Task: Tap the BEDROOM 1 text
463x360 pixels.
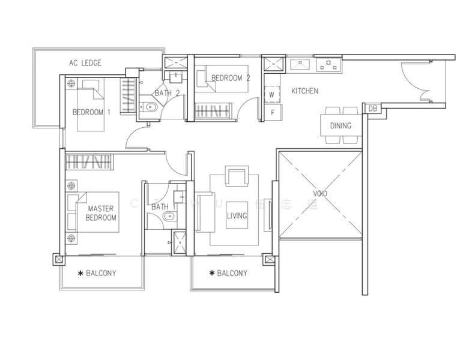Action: [91, 112]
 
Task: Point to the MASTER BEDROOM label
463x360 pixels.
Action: [101, 213]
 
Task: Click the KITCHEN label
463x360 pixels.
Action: [304, 91]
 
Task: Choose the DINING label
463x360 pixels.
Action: [340, 126]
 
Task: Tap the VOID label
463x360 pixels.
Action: [321, 194]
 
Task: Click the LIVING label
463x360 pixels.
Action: [237, 216]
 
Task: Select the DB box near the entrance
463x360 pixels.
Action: [372, 109]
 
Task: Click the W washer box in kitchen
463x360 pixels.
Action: [271, 95]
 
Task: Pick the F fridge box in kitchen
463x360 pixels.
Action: [272, 112]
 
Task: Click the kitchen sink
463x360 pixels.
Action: [298, 64]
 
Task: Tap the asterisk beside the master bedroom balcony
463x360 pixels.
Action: [80, 274]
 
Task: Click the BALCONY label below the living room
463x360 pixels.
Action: [232, 274]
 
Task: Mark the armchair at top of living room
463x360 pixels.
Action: [236, 176]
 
